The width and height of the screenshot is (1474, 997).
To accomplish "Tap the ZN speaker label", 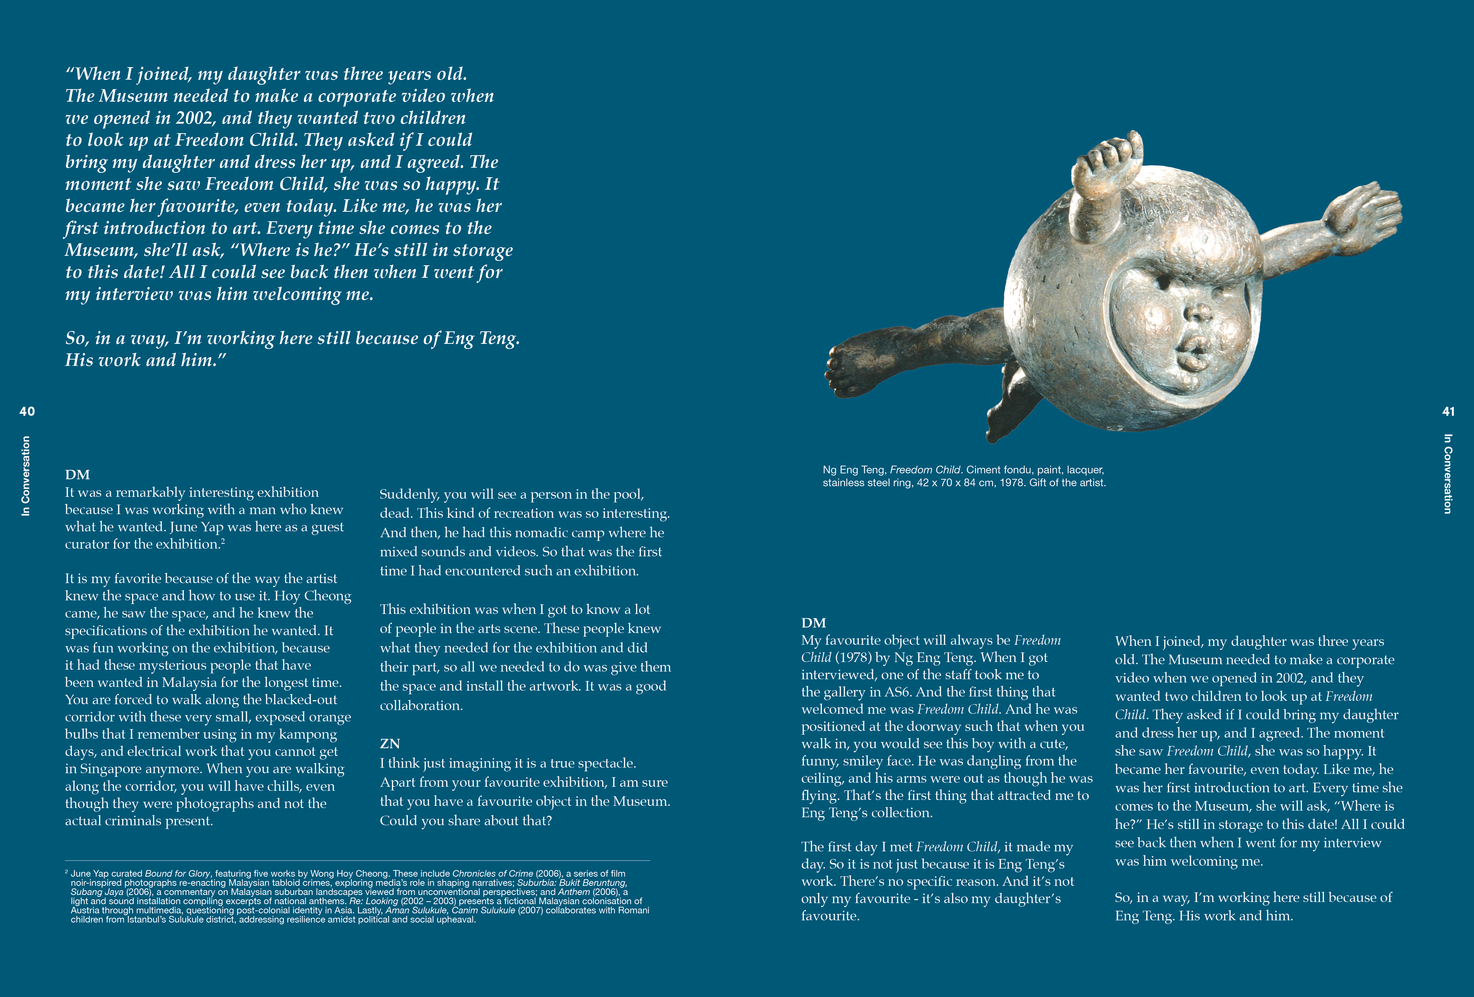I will (x=389, y=743).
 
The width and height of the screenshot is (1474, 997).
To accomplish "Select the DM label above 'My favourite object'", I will (x=813, y=622).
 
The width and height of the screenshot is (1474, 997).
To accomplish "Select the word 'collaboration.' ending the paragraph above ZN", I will (x=421, y=705).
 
